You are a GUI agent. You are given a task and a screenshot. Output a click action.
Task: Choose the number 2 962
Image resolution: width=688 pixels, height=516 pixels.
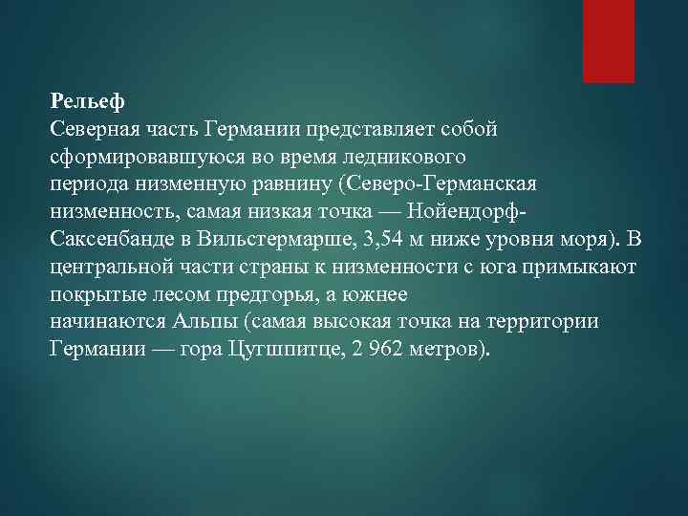click(x=368, y=347)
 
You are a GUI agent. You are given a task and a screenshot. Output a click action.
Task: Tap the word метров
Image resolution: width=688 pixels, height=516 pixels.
click(x=446, y=347)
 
